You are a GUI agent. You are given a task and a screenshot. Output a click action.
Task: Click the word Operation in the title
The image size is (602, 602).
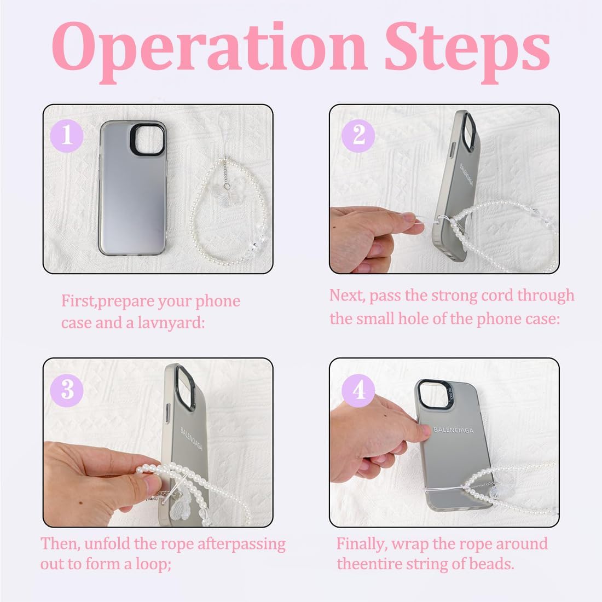209,52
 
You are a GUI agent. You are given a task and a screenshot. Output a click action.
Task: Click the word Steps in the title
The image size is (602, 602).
467,52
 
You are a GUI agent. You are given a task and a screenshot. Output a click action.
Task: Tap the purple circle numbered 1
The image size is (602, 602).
67,136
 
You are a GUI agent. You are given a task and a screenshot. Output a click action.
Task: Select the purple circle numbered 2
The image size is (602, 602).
358,136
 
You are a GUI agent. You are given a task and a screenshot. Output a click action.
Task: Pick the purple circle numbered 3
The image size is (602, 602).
67,390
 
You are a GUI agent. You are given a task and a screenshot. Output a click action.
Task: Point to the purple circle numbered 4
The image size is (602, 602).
358,390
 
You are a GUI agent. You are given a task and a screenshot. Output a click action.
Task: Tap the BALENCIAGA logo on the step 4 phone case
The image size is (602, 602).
454,430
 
